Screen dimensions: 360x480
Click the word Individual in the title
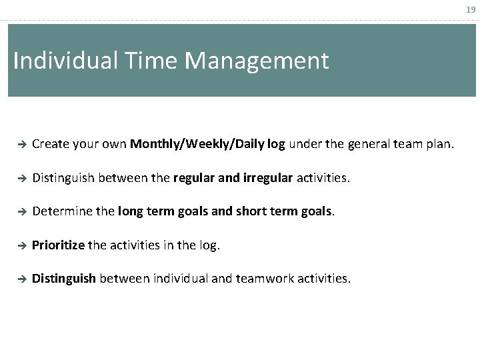click(x=65, y=61)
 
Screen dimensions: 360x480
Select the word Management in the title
click(x=257, y=61)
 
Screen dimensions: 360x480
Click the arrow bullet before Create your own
click(x=21, y=143)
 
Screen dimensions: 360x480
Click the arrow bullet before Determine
click(x=21, y=211)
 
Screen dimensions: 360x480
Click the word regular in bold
click(x=193, y=178)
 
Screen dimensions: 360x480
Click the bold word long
click(x=129, y=211)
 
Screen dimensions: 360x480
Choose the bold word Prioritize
click(x=58, y=245)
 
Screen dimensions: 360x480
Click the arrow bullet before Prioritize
click(x=21, y=245)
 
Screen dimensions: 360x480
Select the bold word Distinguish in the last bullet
click(x=64, y=279)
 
